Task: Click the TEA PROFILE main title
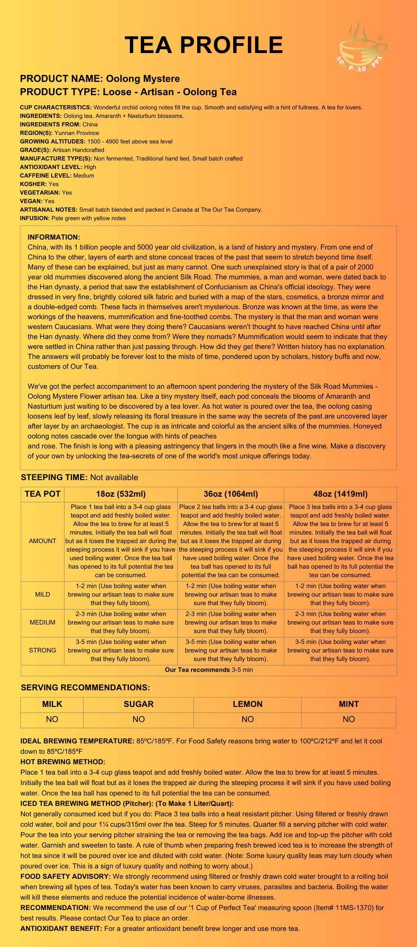204,45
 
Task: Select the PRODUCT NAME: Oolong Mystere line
100,79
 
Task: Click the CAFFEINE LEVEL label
46,176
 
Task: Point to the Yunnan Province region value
77,133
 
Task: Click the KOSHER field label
33,184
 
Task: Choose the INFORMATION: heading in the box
54,237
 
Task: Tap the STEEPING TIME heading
54,477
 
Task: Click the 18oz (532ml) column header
121,494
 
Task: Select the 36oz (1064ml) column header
231,494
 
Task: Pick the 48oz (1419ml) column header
340,494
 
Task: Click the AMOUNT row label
43,541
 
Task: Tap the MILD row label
43,594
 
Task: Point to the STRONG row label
43,650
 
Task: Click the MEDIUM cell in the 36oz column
231,622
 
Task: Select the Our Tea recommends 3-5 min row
209,670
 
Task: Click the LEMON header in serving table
247,704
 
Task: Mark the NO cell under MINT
349,719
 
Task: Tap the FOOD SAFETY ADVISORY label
65,876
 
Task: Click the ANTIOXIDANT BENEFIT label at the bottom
61,929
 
